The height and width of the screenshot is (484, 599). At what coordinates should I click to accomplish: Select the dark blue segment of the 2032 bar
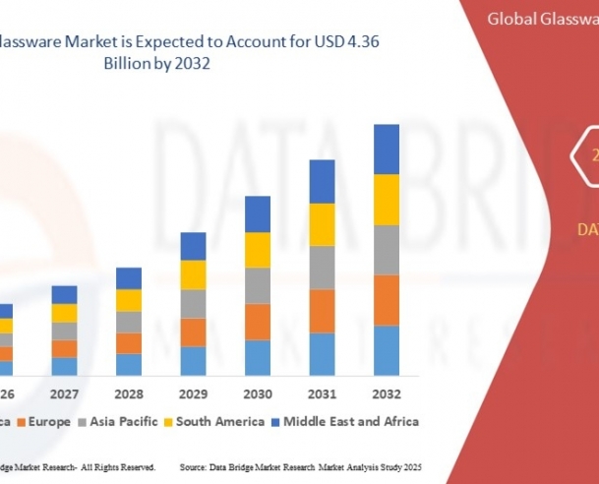pos(386,149)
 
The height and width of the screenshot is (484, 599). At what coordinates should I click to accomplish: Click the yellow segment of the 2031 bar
pos(322,224)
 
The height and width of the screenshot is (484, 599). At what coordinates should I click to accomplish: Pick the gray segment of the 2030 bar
pos(258,285)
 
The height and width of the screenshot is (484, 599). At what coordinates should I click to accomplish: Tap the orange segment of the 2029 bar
pos(194,332)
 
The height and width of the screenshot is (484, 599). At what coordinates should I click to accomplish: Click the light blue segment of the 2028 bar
pos(129,364)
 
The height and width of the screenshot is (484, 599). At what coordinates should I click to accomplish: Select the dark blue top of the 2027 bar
pos(65,294)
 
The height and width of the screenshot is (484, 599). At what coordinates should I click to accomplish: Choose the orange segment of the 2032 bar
pos(386,300)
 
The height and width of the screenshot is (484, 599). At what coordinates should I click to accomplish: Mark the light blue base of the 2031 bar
pos(322,354)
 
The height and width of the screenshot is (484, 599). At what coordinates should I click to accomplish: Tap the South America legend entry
pos(220,422)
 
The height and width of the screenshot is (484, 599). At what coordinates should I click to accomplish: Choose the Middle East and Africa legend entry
pos(350,422)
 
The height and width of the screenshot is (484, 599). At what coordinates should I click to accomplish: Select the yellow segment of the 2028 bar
pos(129,300)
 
